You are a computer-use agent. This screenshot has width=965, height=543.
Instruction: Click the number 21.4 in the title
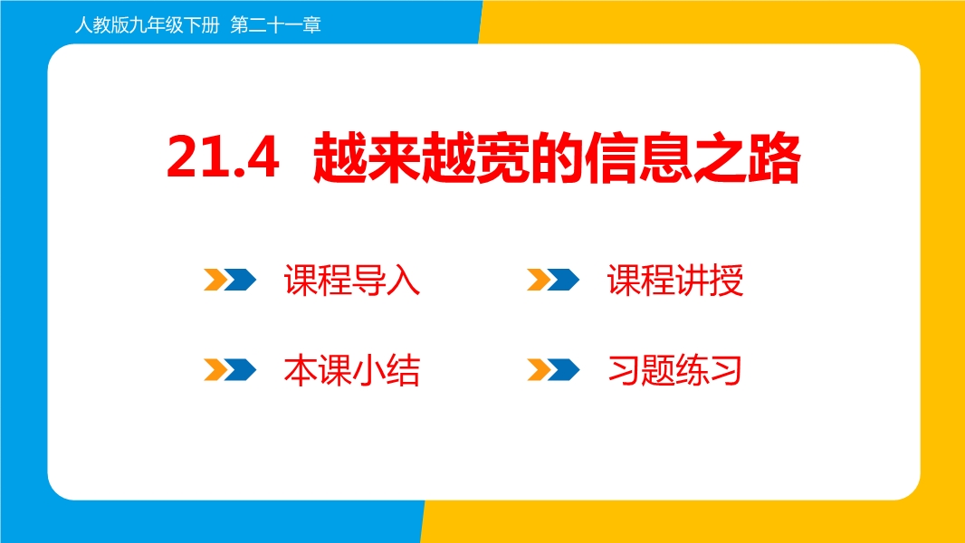pyautogui.click(x=223, y=157)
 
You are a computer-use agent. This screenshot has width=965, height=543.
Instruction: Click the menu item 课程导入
pyautogui.click(x=352, y=281)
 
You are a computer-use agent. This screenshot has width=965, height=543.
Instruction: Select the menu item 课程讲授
pyautogui.click(x=675, y=281)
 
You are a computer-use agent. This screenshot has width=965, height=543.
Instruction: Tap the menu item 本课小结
pyautogui.click(x=352, y=370)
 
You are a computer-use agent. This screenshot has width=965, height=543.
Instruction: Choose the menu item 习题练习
pyautogui.click(x=674, y=370)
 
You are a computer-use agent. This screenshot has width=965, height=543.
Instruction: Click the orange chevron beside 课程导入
pyautogui.click(x=215, y=279)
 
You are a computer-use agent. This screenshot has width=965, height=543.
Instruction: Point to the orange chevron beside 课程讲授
pyautogui.click(x=538, y=279)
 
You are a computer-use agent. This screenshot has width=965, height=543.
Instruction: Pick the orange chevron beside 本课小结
pyautogui.click(x=215, y=369)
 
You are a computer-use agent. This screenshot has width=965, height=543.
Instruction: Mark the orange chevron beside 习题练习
pyautogui.click(x=538, y=369)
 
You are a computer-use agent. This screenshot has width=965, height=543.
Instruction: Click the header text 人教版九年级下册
pyautogui.click(x=147, y=25)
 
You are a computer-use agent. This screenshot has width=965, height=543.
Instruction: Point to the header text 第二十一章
pyautogui.click(x=276, y=25)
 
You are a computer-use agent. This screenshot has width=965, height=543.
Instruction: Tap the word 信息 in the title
pyautogui.click(x=638, y=157)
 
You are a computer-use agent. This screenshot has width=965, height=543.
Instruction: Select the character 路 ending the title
pyautogui.click(x=774, y=157)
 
